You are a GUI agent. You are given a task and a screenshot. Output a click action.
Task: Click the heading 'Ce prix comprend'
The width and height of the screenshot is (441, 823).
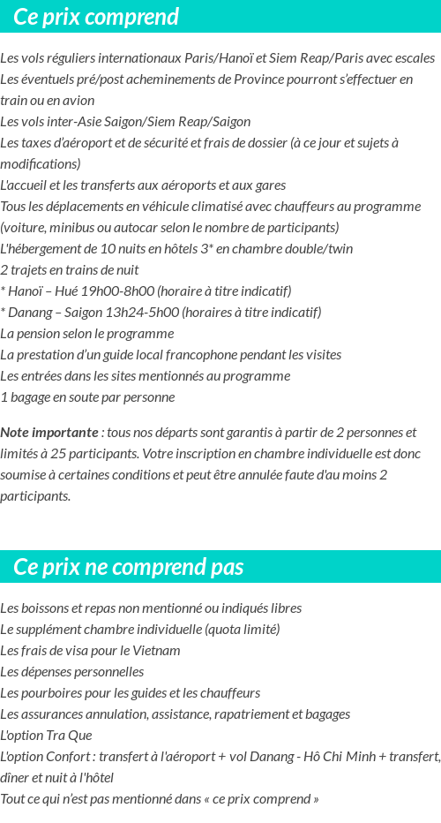tap(96, 17)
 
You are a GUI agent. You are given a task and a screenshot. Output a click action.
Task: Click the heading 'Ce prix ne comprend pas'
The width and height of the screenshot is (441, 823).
tap(129, 567)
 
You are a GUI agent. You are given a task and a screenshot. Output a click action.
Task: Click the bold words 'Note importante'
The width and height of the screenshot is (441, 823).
tap(49, 433)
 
